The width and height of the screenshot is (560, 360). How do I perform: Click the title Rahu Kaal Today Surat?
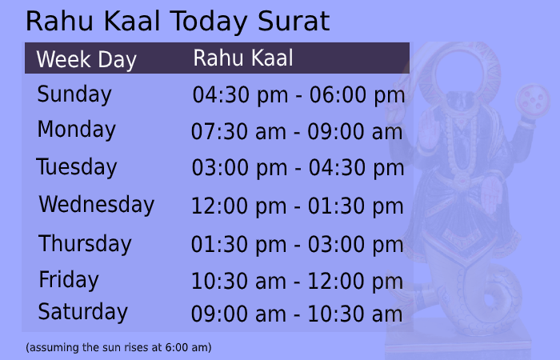pos(177,21)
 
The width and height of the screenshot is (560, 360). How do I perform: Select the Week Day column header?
pos(86,59)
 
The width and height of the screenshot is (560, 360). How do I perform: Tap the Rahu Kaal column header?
pos(243,58)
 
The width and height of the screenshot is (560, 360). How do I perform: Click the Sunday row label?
pos(74,94)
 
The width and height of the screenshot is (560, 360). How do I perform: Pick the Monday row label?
pos(76,129)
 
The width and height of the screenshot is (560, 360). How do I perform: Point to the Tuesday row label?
pos(76,167)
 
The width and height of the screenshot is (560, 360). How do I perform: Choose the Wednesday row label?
pos(96,205)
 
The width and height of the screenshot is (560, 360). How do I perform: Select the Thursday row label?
pos(85,243)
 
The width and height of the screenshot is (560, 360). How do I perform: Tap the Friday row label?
pos(69,280)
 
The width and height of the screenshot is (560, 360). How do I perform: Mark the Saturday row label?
pos(82,311)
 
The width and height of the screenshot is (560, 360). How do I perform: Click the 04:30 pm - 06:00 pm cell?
pos(298,96)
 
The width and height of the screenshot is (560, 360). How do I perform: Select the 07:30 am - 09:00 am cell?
pos(297,132)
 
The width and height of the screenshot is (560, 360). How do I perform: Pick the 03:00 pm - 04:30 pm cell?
pos(298,169)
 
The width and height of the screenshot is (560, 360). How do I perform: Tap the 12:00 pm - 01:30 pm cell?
pos(297,206)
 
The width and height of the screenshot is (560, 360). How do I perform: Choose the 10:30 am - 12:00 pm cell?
pos(297,282)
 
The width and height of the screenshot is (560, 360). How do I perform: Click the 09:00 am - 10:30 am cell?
pos(297,314)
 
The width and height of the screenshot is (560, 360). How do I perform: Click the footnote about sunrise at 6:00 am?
pos(118,348)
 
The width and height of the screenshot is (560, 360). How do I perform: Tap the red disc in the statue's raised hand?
pos(534,99)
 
